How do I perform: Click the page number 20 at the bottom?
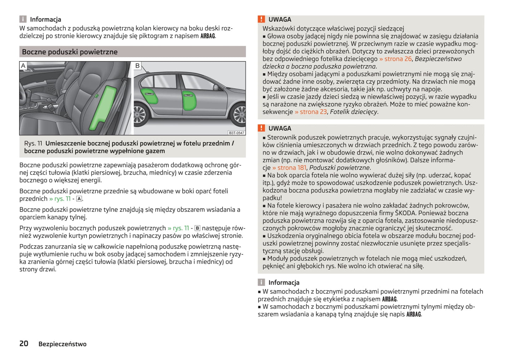(24, 343)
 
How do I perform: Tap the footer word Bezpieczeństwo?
(62, 344)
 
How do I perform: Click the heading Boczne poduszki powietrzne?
(70, 52)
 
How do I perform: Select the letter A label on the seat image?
(23, 66)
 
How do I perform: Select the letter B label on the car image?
(138, 66)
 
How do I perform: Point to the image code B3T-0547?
(236, 133)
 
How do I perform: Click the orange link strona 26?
(395, 59)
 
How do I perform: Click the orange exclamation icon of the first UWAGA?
(261, 19)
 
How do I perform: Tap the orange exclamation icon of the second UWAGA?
(261, 128)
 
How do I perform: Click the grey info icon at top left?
(23, 19)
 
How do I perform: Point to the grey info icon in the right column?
(261, 282)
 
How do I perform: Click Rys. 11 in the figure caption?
(33, 143)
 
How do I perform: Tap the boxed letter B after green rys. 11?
(197, 228)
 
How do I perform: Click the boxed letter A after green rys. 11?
(79, 199)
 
